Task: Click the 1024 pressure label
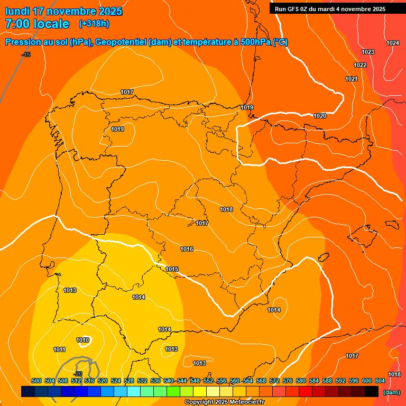[393, 43]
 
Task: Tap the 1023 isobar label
[368, 52]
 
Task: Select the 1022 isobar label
[360, 65]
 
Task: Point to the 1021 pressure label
[352, 79]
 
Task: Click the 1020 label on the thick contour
[320, 116]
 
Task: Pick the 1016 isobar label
[187, 249]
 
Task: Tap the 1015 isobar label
[172, 269]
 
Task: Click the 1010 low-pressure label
[82, 340]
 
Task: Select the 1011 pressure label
[59, 349]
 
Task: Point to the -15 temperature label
[26, 54]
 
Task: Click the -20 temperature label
[77, 374]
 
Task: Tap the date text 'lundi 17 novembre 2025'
[63, 11]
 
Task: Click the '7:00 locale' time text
[37, 24]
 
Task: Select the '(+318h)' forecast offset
[94, 24]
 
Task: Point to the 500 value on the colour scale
[36, 381]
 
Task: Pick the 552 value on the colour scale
[208, 381]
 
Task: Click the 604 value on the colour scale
[380, 381]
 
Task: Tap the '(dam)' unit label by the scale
[391, 392]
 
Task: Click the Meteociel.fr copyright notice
[225, 402]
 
